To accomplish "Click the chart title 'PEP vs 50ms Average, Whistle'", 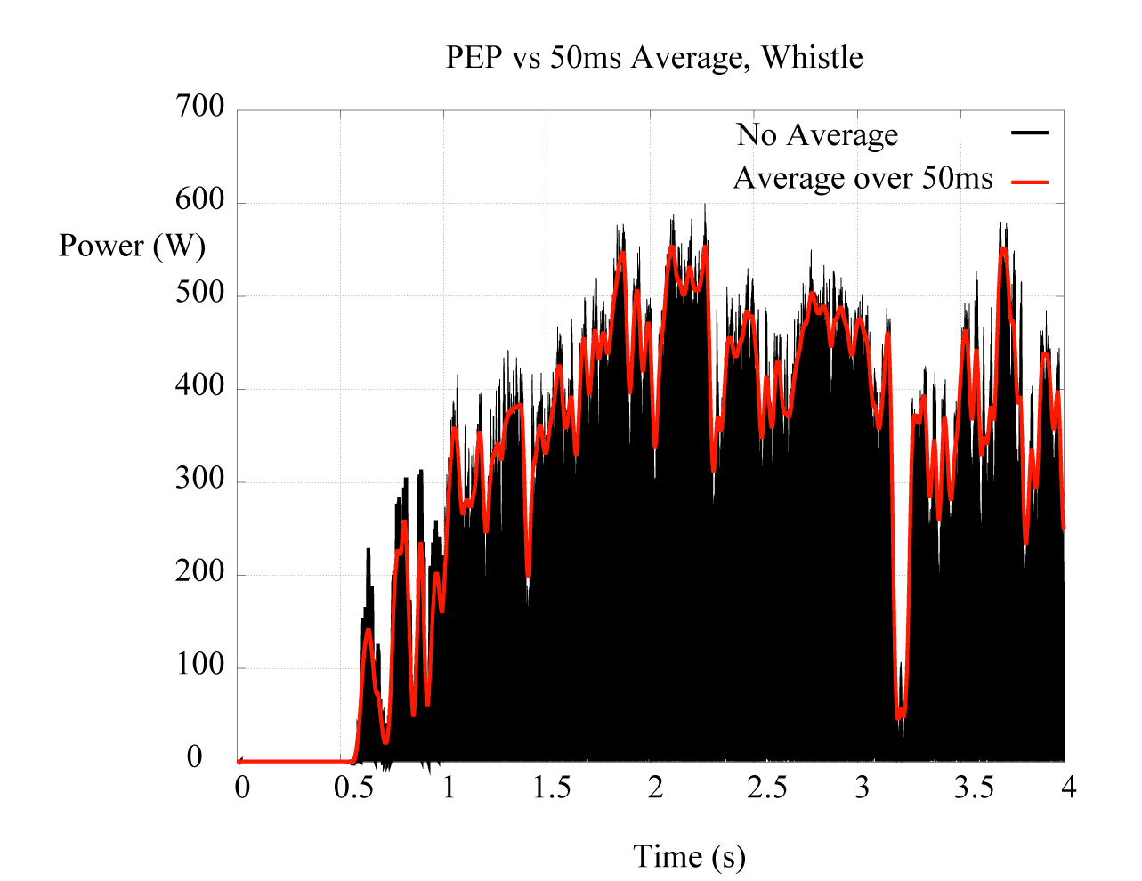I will (x=654, y=58).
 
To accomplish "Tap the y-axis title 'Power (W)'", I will (x=132, y=246).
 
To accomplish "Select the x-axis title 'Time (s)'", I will (x=689, y=857).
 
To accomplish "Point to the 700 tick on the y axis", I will (x=201, y=108).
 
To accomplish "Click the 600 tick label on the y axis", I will (x=201, y=200).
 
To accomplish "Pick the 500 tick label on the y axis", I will (x=201, y=294).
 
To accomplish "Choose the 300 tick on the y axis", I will (x=201, y=480).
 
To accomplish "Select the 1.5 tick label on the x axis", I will (x=551, y=788).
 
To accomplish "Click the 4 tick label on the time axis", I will (x=1067, y=788).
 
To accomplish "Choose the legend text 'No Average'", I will (x=817, y=135).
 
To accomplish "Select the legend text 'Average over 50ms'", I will (x=863, y=179).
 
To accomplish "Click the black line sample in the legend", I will (x=1030, y=133).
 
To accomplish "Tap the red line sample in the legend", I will (x=1030, y=182).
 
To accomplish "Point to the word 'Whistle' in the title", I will (x=813, y=58).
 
